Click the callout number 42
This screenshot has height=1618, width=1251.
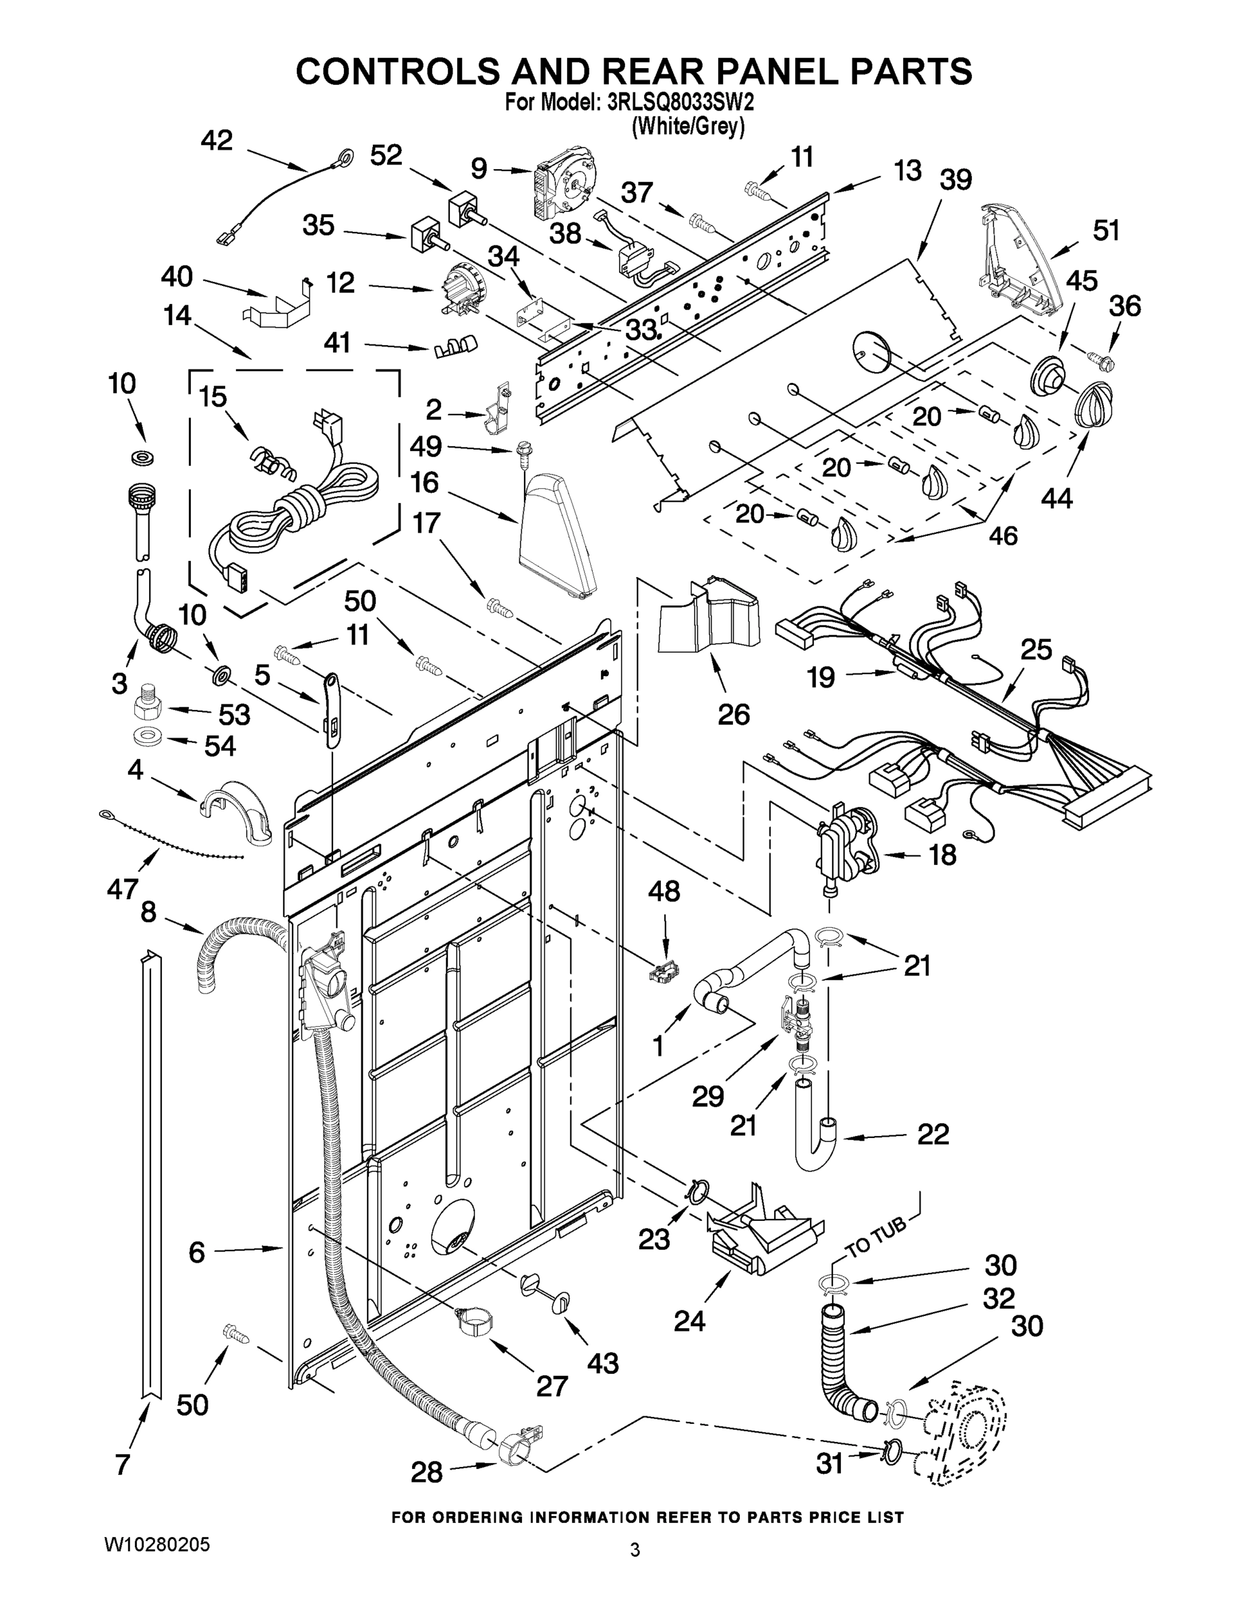[216, 141]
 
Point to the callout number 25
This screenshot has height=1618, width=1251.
[1036, 650]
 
